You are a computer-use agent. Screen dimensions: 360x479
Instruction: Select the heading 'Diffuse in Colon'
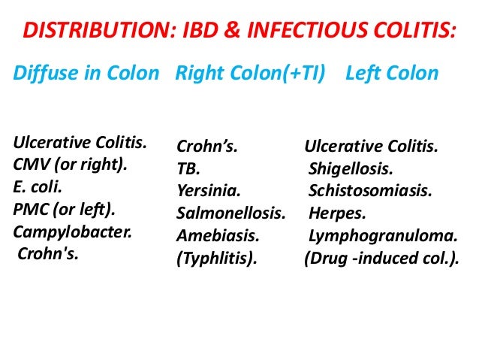86,74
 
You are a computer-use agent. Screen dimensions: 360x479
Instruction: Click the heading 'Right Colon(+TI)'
249,74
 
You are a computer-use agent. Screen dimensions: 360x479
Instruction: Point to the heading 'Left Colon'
391,74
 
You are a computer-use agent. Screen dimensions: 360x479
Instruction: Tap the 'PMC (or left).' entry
63,206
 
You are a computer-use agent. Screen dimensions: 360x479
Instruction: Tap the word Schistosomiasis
369,191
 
